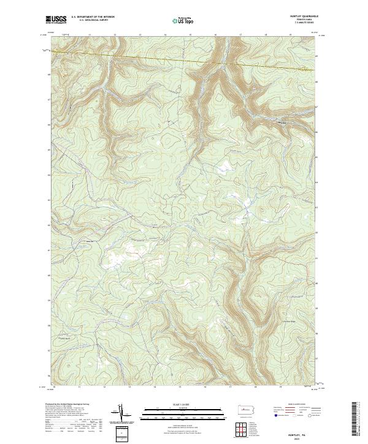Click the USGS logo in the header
[x=55, y=20]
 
